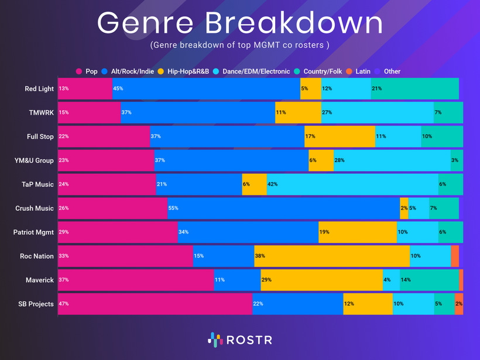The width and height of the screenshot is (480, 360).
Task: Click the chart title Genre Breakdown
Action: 240,23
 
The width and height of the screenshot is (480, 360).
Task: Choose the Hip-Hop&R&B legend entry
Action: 184,71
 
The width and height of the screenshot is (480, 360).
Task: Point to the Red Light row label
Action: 39,89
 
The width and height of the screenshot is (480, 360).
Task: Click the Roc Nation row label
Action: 37,256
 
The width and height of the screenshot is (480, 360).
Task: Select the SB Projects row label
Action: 36,304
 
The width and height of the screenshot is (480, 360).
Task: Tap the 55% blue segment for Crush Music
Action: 283,208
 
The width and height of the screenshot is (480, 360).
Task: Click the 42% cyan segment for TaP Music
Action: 352,184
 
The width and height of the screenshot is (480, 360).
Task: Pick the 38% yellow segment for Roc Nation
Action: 331,256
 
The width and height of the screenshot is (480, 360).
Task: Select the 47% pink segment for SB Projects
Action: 155,304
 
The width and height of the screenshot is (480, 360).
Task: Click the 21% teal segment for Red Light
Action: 414,89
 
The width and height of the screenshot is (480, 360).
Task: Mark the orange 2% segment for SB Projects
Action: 459,304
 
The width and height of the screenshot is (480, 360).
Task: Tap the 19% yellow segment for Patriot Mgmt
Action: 357,232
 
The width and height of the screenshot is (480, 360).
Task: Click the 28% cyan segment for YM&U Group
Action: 392,160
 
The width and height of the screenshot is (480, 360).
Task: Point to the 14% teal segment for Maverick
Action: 429,280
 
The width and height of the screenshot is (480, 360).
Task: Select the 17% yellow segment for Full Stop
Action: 340,136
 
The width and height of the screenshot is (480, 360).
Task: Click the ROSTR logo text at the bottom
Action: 249,340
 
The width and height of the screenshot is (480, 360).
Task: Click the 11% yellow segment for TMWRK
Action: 298,112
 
